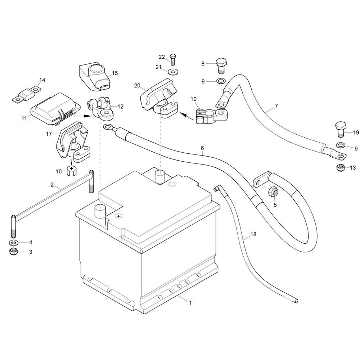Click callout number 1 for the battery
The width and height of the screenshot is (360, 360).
pos(190,303)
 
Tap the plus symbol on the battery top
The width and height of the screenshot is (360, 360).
pos(118,216)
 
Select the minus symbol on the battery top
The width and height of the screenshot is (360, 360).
pos(173,184)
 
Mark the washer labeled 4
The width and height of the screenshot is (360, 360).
pos(13,242)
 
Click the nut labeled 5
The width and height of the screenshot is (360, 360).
pos(272,192)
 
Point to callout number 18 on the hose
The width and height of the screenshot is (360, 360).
pos(253,234)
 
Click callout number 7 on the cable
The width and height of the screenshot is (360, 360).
pos(276,106)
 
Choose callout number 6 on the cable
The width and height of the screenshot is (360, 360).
pos(202,148)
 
